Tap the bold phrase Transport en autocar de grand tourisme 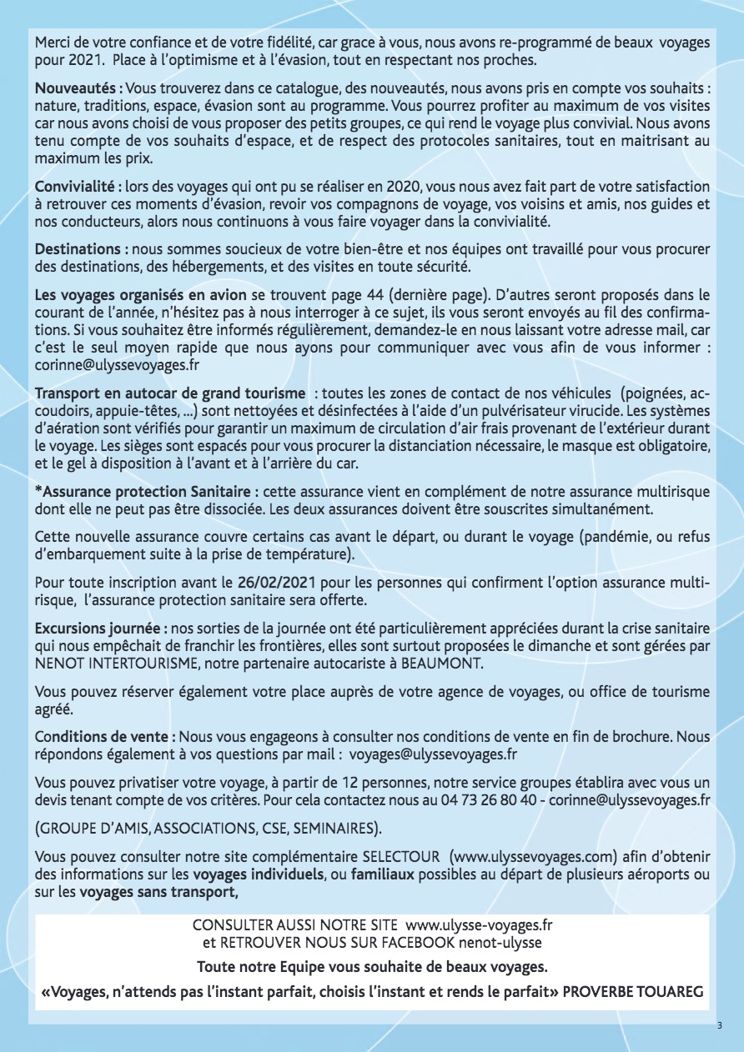click(170, 393)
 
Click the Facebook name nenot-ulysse click(500, 943)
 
